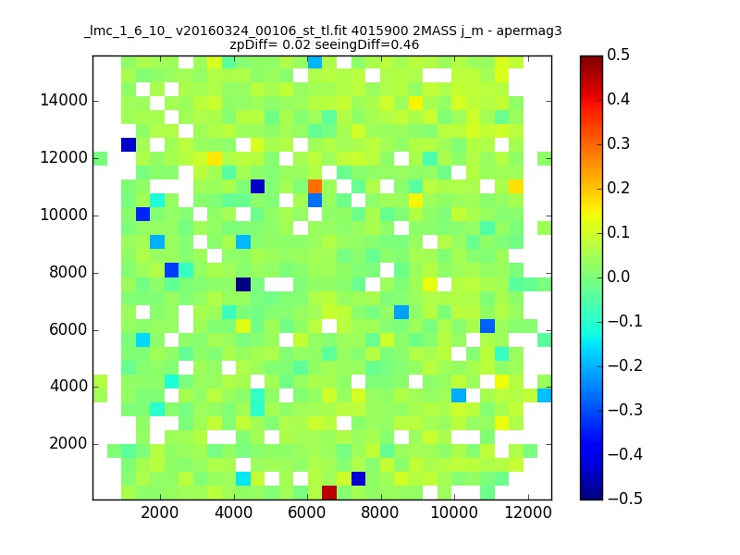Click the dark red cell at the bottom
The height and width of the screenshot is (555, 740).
click(x=329, y=492)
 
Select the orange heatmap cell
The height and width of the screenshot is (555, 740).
click(x=314, y=187)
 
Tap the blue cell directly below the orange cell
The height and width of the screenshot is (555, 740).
click(x=314, y=200)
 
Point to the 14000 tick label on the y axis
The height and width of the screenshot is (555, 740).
click(x=64, y=100)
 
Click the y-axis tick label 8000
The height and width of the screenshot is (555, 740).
click(x=68, y=272)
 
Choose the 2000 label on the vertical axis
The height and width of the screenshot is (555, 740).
click(x=68, y=443)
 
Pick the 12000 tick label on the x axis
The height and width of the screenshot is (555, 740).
click(x=528, y=512)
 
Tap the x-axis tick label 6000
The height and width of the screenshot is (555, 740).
click(x=307, y=512)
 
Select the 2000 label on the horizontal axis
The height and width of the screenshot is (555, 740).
click(x=160, y=512)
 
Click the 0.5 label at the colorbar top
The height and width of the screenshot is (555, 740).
click(x=618, y=55)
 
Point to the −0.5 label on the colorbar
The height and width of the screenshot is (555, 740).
click(x=625, y=499)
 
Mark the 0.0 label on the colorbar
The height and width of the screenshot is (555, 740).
click(x=618, y=277)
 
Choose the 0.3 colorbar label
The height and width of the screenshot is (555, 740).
click(x=618, y=143)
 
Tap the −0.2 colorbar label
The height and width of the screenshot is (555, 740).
click(x=625, y=365)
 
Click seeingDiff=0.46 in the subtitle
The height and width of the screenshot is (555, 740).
click(x=366, y=45)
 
